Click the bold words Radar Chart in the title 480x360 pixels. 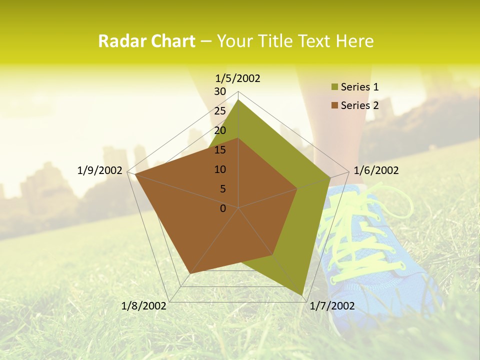tap(146, 41)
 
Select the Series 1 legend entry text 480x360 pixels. tap(359, 87)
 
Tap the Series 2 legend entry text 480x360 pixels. tap(359, 105)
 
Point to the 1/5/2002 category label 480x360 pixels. tap(237, 78)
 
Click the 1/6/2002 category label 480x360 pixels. tap(376, 170)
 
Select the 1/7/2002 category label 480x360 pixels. tap(332, 306)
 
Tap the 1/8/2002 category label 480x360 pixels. tap(144, 306)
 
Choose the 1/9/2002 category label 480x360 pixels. tap(100, 170)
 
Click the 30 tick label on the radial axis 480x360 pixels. tap(220, 91)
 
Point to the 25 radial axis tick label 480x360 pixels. tap(220, 111)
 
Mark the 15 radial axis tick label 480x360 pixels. tap(220, 150)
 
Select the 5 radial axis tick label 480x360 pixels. tap(222, 189)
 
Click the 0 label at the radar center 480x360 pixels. tap(223, 208)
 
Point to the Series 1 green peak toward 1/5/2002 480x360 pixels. tap(238, 100)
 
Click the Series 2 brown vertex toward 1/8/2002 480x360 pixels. tap(190, 274)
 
